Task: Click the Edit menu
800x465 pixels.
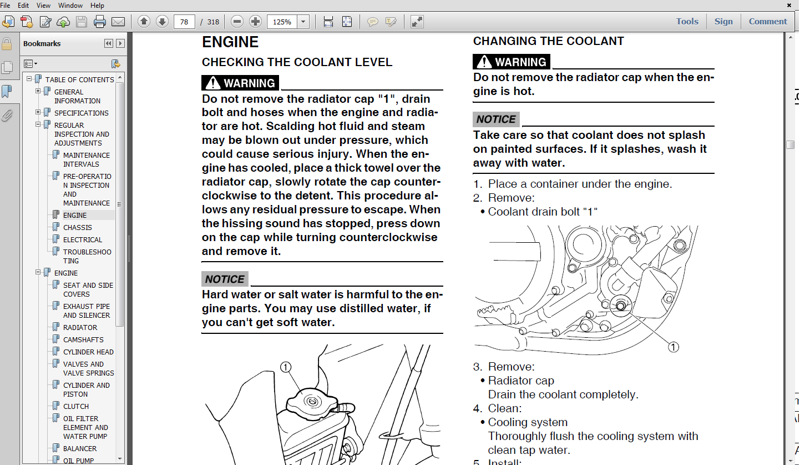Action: (23, 6)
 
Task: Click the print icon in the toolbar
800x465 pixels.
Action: (100, 22)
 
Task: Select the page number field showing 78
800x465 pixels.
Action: (184, 22)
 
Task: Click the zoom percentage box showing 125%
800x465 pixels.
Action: (282, 22)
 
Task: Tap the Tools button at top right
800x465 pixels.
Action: (687, 22)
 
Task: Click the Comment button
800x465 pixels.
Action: (768, 22)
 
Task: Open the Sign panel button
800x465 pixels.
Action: (723, 22)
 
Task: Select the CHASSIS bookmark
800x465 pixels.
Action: (78, 227)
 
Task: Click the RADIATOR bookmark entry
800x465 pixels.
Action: (80, 327)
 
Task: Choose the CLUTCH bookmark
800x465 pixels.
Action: (76, 406)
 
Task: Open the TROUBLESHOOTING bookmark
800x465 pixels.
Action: (87, 256)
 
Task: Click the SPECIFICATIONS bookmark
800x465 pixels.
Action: (81, 113)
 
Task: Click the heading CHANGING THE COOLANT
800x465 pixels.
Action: (548, 41)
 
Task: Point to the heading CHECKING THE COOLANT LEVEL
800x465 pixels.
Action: (297, 62)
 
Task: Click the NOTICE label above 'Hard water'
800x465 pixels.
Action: (225, 279)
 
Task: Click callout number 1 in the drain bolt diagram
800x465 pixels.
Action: (673, 347)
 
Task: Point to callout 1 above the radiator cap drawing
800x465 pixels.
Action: (286, 367)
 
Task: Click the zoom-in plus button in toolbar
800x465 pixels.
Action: (255, 22)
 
